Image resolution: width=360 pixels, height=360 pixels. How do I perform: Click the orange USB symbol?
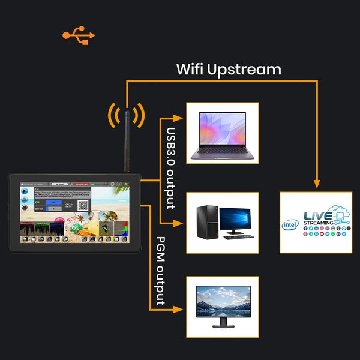pos(79,35)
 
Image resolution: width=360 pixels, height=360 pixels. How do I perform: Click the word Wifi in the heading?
pos(190,69)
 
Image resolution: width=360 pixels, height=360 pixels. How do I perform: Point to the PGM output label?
pos(161,271)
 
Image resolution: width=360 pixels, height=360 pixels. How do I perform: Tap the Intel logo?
pos(290,225)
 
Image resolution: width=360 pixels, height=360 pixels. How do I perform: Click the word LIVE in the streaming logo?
pos(317,215)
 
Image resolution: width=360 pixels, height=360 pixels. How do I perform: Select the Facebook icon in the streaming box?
pos(305,229)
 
